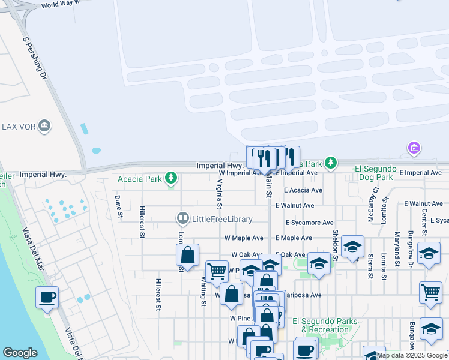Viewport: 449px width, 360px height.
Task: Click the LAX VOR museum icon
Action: click(x=44, y=126)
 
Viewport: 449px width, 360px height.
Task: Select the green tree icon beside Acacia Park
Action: click(x=172, y=178)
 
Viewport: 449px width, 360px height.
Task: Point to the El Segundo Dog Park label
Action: click(x=382, y=173)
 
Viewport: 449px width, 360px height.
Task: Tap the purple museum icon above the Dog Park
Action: click(x=413, y=148)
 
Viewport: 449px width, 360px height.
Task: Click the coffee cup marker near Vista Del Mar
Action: click(x=47, y=296)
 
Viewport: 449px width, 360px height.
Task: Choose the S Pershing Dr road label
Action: click(x=35, y=61)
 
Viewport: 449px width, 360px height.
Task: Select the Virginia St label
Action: click(x=220, y=194)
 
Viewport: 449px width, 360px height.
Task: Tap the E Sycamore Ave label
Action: click(x=309, y=222)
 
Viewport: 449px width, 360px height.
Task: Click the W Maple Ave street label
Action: click(x=243, y=238)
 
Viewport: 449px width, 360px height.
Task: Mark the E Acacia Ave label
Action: click(x=303, y=190)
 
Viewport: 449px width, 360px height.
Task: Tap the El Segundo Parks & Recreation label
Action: click(x=324, y=325)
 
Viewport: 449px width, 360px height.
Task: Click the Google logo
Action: click(x=20, y=353)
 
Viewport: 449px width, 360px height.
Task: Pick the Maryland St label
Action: click(x=397, y=244)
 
